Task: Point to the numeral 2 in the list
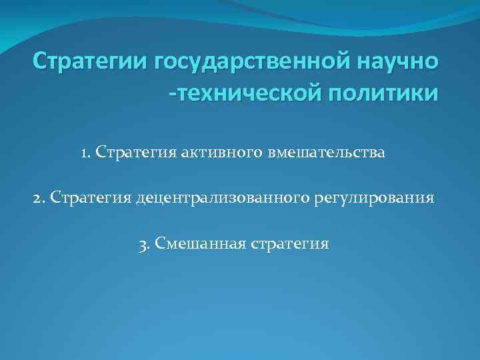(x=38, y=198)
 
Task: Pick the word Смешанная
(x=193, y=243)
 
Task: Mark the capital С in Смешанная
(x=159, y=243)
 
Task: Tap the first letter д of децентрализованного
(x=140, y=199)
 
